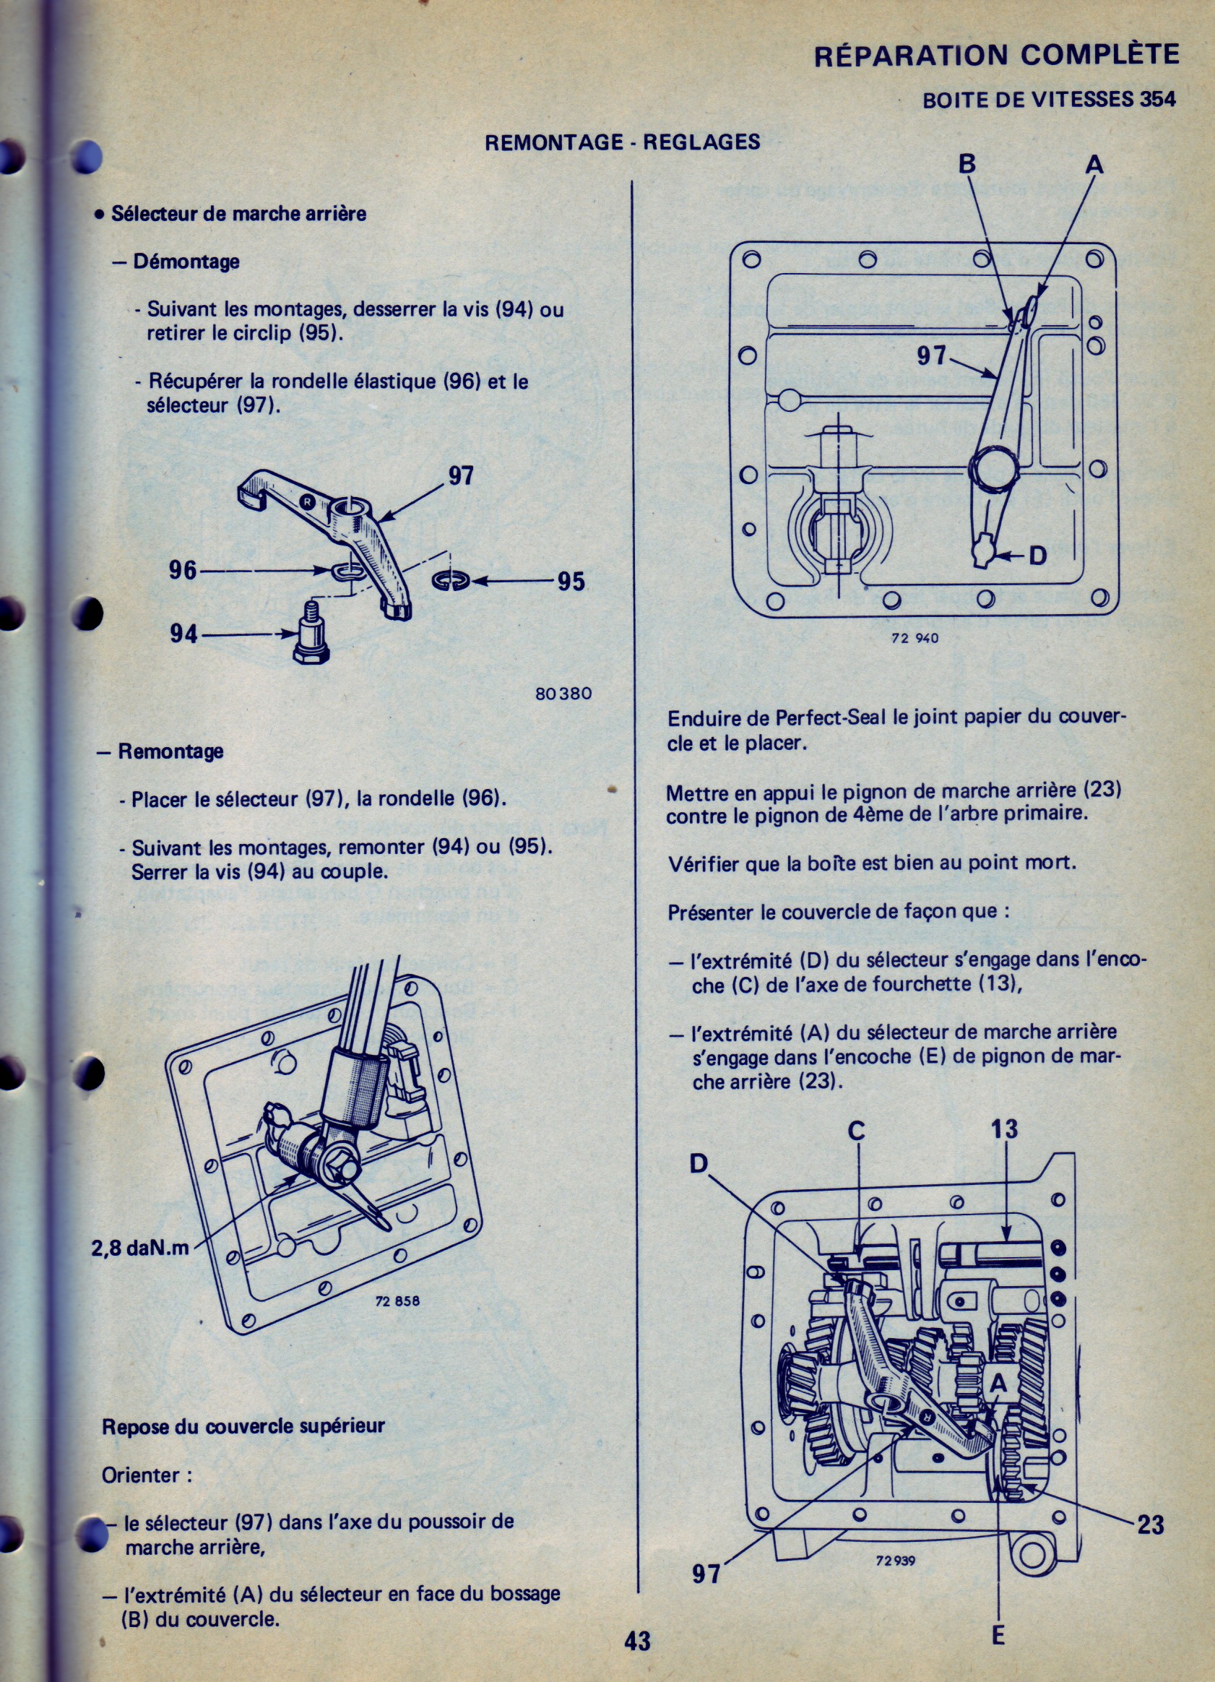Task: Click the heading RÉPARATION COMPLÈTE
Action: [995, 56]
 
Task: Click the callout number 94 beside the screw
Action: [184, 634]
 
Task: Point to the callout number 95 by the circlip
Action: [571, 582]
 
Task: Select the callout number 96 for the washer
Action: [183, 569]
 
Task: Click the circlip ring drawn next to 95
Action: [449, 581]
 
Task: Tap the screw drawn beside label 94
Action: [311, 636]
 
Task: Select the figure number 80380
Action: [563, 694]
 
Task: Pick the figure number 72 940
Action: [915, 638]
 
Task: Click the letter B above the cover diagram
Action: [967, 163]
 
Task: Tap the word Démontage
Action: [186, 262]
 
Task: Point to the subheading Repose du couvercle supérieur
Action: [243, 1426]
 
